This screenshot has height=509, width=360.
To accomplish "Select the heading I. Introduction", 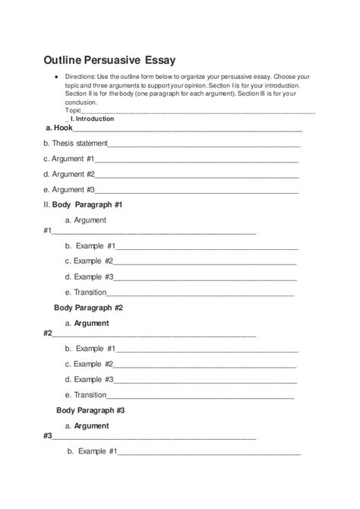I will tap(92, 119).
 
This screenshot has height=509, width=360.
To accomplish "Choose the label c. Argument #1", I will tap(68, 159).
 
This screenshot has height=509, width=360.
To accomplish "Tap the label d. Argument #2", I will tap(68, 174).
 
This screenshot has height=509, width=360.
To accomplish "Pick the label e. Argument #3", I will tap(68, 189).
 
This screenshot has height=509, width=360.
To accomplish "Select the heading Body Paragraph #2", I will tap(89, 308).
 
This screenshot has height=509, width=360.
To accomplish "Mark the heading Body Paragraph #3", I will tap(90, 410).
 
